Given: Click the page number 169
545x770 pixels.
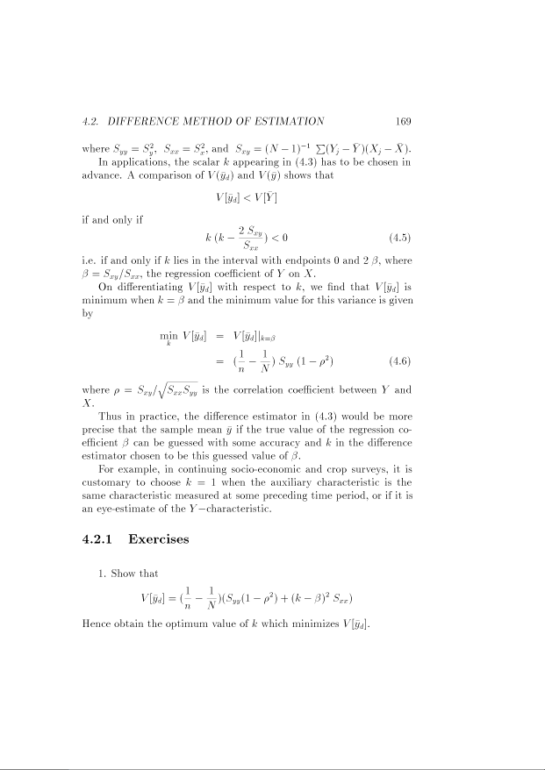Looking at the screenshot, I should pyautogui.click(x=403, y=122).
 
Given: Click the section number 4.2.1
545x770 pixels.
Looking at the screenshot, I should pyautogui.click(x=93, y=538).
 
